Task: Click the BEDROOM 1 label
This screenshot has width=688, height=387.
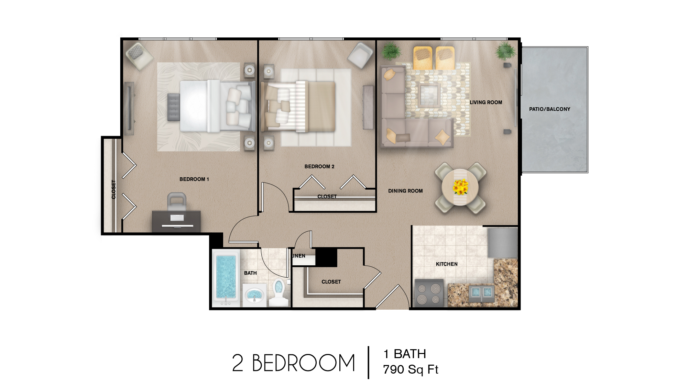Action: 194,179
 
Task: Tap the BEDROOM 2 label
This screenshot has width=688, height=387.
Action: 319,166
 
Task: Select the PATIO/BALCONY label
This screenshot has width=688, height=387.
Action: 549,109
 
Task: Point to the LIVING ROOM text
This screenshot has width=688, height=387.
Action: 485,102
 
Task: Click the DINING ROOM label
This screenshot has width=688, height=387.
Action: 405,191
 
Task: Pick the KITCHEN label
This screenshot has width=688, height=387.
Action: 447,264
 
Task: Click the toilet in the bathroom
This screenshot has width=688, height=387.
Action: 279,292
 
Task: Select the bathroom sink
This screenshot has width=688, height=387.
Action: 254,295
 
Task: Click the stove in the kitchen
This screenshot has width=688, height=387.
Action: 428,293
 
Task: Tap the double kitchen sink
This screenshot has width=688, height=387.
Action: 481,292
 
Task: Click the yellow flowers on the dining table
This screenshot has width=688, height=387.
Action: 460,187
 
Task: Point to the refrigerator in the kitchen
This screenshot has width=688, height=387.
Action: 503,242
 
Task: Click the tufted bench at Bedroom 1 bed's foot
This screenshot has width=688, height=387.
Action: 174,107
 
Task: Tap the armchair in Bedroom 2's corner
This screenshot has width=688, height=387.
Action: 360,55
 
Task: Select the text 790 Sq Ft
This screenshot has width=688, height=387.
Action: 411,369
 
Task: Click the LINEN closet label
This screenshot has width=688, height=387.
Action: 298,256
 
